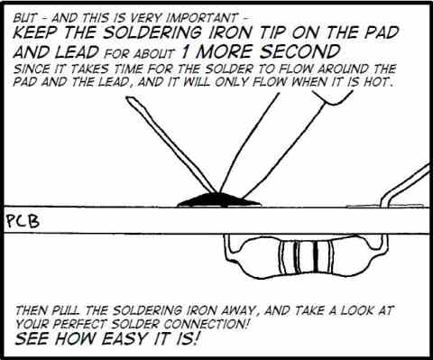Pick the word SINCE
pos(32,68)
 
